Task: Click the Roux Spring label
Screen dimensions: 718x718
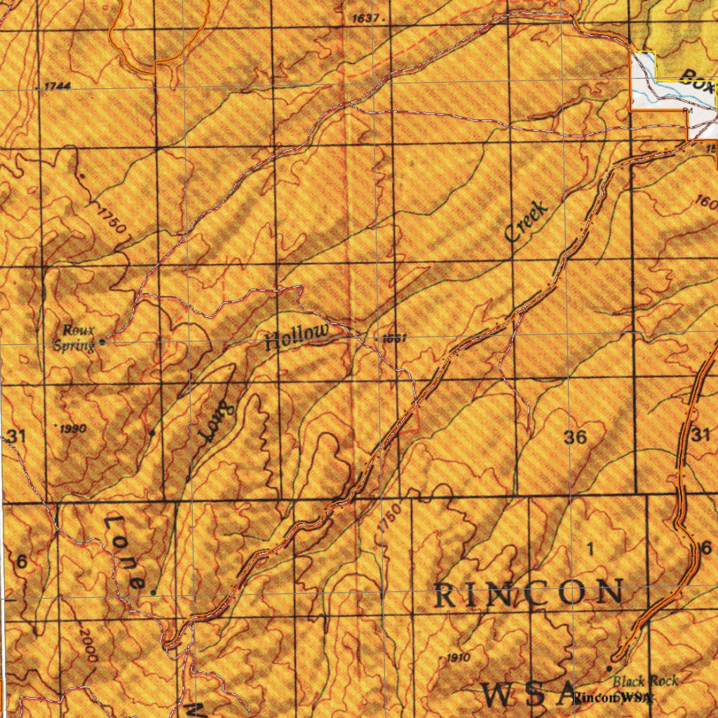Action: point(78,337)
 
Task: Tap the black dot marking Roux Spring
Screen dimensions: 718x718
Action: point(102,341)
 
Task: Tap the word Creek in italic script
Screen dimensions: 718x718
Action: point(526,220)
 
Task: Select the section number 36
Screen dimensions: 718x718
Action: point(575,438)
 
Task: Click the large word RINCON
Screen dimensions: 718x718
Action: point(529,595)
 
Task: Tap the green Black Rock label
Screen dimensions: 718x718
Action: point(645,681)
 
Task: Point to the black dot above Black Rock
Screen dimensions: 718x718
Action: point(609,668)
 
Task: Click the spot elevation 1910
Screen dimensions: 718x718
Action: point(457,658)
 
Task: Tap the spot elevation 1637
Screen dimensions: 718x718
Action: point(367,18)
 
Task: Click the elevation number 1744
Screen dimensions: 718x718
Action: point(57,86)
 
